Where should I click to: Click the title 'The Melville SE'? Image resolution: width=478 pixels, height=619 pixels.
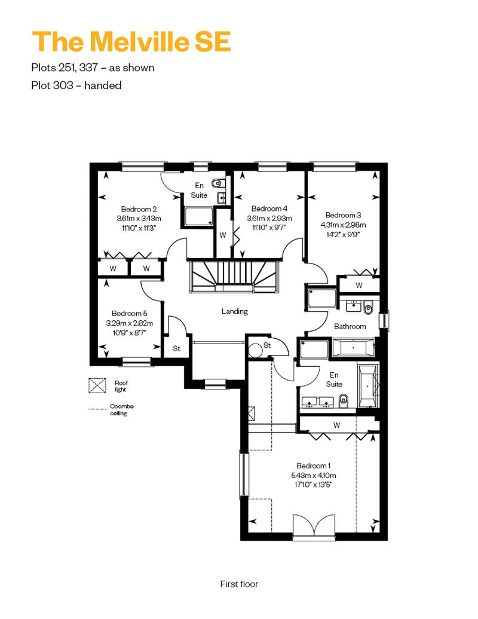(x=131, y=41)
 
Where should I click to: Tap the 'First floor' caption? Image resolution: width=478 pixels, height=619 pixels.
(x=239, y=584)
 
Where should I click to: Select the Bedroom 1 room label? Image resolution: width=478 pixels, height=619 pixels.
(x=314, y=466)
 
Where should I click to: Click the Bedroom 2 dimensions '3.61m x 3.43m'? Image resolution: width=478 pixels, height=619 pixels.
(x=139, y=218)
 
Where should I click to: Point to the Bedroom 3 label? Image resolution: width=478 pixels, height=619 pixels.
(x=343, y=215)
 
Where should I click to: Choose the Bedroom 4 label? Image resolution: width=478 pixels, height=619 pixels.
(x=269, y=209)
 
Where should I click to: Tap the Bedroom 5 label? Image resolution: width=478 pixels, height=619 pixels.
(x=130, y=314)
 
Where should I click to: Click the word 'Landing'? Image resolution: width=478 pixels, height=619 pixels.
(x=234, y=311)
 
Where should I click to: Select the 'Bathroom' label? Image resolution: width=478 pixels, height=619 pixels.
(x=350, y=326)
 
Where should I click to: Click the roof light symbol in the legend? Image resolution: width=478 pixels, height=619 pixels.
(x=97, y=386)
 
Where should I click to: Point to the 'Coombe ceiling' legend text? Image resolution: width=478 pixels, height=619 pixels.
(x=121, y=410)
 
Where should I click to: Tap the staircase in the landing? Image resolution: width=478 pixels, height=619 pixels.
(x=234, y=276)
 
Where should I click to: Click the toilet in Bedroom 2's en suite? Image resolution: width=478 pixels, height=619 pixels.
(x=217, y=183)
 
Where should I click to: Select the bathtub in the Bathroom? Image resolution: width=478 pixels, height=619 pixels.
(x=353, y=348)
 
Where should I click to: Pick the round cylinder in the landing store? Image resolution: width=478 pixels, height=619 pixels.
(x=255, y=350)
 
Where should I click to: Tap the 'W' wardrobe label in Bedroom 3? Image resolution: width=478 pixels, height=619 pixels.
(x=358, y=286)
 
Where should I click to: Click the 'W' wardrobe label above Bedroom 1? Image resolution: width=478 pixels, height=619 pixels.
(x=337, y=425)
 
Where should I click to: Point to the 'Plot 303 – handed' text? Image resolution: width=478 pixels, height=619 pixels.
(x=76, y=85)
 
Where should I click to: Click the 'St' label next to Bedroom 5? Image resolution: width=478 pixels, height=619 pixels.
(x=176, y=348)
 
